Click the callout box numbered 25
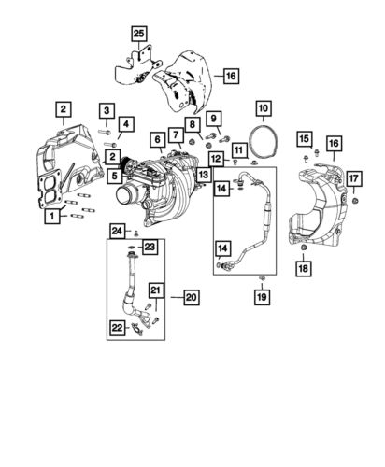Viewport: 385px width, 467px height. [x=138, y=35]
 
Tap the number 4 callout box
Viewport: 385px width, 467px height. [x=126, y=122]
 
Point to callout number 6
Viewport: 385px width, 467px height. [x=156, y=139]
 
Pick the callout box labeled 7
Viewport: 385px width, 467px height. [x=176, y=135]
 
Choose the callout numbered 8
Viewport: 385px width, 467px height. [x=192, y=123]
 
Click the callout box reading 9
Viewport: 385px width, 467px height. [x=213, y=118]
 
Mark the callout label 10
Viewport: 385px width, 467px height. [x=263, y=108]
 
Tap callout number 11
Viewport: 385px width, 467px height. [x=239, y=149]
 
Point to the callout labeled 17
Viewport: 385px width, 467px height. [x=353, y=178]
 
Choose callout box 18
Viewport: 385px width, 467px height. [x=303, y=269]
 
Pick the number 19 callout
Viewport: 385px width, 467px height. [x=262, y=297]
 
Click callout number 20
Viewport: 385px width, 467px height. [x=191, y=298]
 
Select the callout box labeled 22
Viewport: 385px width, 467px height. [x=117, y=327]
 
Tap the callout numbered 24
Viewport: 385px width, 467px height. [x=117, y=231]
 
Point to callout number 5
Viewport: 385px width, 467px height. [x=111, y=174]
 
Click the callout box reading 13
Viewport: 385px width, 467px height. [x=203, y=175]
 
